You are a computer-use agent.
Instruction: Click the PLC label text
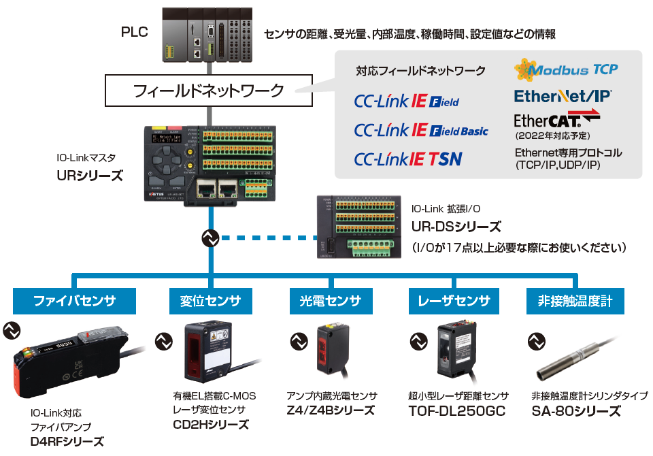[134, 32]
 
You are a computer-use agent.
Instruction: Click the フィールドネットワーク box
[209, 90]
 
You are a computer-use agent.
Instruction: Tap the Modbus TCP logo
[566, 69]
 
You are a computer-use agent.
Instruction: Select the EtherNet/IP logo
[563, 95]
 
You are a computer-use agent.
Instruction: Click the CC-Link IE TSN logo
[408, 159]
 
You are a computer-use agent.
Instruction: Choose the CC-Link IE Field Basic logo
[421, 130]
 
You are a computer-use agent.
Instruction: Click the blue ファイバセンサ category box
[74, 301]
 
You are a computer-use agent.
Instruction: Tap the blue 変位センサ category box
[205, 301]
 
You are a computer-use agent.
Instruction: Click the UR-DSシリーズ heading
[456, 227]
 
